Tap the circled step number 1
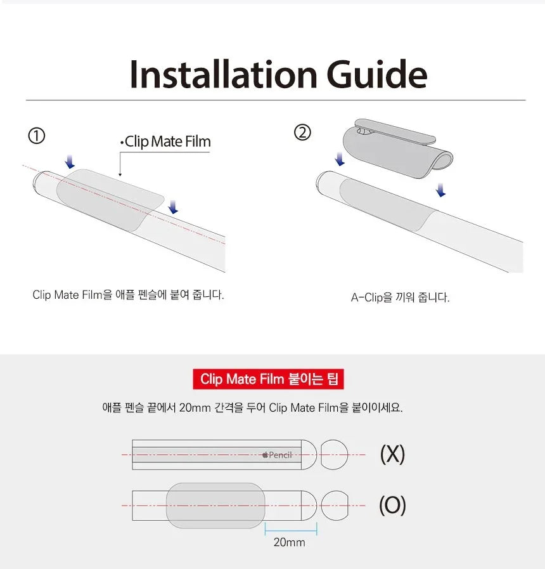point(37,136)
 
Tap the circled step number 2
point(303,133)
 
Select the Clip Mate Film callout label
point(166,141)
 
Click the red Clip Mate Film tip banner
point(268,379)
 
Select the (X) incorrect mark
point(392,454)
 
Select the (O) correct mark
point(392,506)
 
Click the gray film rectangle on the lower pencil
point(215,506)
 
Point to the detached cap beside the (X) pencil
point(334,454)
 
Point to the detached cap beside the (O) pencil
point(334,506)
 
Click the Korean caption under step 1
point(128,295)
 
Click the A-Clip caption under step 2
point(400,297)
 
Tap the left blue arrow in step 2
point(340,158)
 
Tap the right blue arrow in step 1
point(174,207)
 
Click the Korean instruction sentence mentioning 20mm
point(252,407)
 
